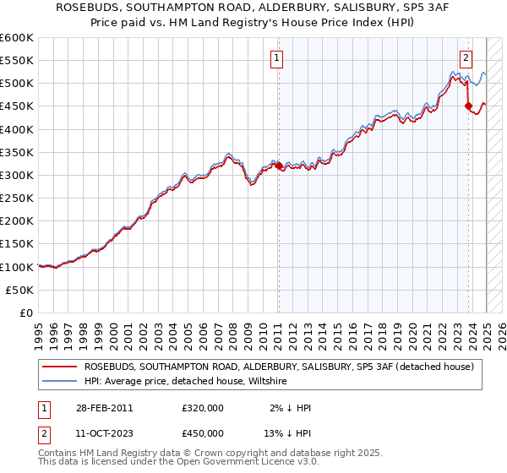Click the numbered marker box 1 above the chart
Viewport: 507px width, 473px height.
click(x=277, y=58)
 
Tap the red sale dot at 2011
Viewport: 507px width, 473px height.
click(x=280, y=166)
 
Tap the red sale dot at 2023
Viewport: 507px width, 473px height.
click(x=468, y=106)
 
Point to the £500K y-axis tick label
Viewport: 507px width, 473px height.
click(x=17, y=84)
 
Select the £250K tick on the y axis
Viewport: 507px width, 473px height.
click(x=17, y=198)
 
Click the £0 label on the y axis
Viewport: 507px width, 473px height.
click(x=25, y=313)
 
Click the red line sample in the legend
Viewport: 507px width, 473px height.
click(x=60, y=367)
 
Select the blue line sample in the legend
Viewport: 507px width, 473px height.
click(x=60, y=382)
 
